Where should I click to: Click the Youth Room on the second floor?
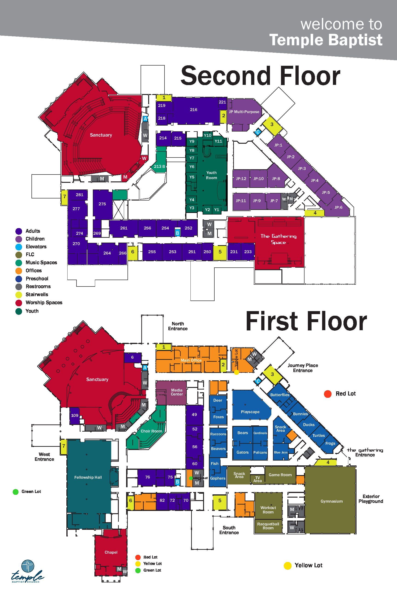coord(211,175)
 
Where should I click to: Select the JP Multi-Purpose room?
coord(244,112)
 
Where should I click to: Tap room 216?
coord(194,109)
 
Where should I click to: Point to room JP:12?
coord(241,178)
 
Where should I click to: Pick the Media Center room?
coord(171,393)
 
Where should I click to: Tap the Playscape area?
coord(250,412)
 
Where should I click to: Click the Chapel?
coord(111,552)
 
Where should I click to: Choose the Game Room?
coord(280,475)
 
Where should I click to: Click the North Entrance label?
coord(178,326)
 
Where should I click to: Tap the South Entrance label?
coord(229,530)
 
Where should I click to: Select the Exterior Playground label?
coord(371,499)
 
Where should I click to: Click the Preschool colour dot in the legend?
coord(19,279)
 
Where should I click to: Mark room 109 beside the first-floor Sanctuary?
coord(75,415)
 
